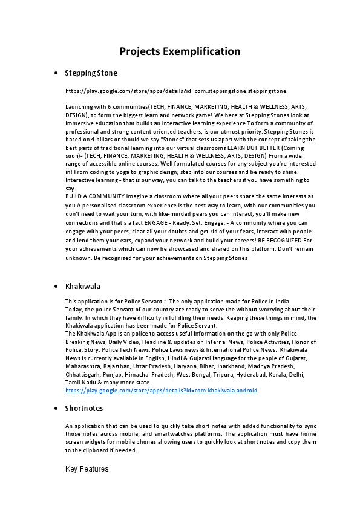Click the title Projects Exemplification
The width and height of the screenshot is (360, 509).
click(x=180, y=51)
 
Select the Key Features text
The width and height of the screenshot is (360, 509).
click(x=87, y=468)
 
